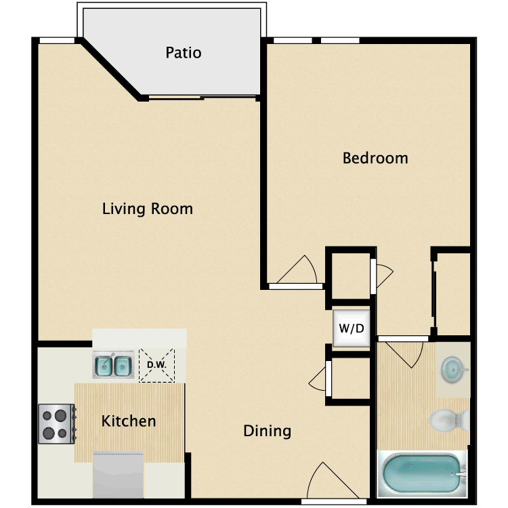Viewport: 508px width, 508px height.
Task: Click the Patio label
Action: pyautogui.click(x=184, y=52)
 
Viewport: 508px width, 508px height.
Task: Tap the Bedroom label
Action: pyautogui.click(x=375, y=158)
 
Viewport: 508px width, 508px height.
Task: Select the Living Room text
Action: pyautogui.click(x=148, y=209)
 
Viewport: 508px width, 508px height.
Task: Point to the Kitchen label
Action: pyautogui.click(x=129, y=421)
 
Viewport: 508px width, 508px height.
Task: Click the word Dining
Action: pyautogui.click(x=268, y=431)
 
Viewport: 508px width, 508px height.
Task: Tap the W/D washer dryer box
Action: pyautogui.click(x=351, y=329)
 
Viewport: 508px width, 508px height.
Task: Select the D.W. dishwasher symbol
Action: pyautogui.click(x=157, y=366)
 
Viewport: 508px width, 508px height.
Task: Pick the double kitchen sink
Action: pyautogui.click(x=113, y=364)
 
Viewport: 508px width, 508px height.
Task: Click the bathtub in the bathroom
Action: pyautogui.click(x=422, y=473)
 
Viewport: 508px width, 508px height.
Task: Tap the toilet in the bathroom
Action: pyautogui.click(x=448, y=420)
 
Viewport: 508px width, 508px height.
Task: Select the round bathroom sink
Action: pyautogui.click(x=453, y=369)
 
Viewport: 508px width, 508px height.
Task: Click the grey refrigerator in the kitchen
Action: pyautogui.click(x=119, y=475)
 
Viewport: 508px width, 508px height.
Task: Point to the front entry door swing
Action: pyautogui.click(x=333, y=480)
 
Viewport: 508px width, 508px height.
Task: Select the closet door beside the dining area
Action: pyautogui.click(x=318, y=379)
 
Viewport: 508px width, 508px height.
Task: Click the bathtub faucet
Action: pyautogui.click(x=460, y=473)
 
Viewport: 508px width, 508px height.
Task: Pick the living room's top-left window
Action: pyautogui.click(x=57, y=41)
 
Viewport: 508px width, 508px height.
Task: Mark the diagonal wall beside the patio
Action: pyautogui.click(x=111, y=69)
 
